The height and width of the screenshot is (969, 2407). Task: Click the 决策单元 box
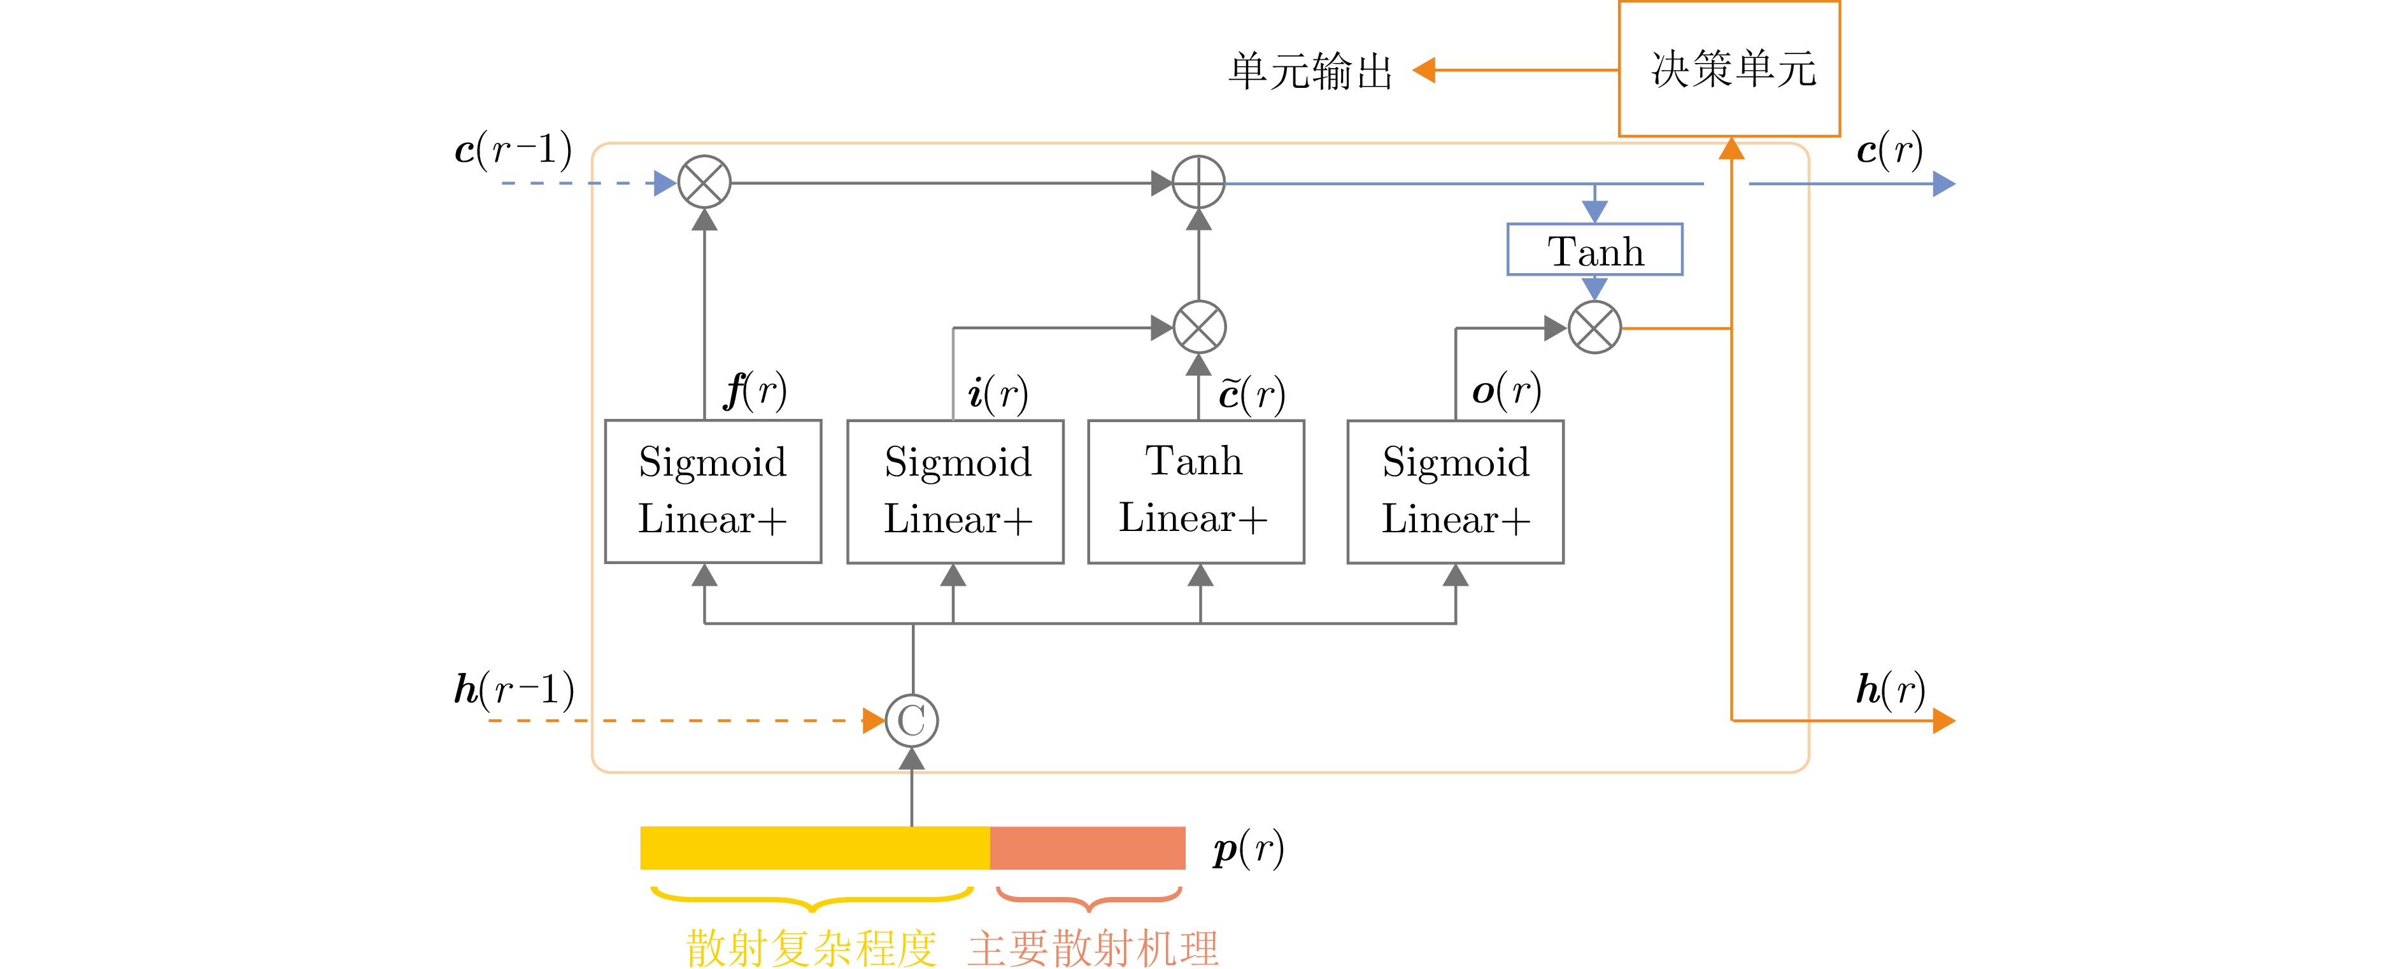[1729, 69]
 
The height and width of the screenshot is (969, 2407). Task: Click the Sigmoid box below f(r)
[713, 492]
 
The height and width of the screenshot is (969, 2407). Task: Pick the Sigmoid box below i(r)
[955, 492]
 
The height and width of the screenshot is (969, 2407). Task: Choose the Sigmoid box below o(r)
[1455, 492]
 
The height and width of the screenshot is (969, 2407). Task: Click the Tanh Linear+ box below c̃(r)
[1196, 492]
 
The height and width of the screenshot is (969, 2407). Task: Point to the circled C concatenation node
[911, 721]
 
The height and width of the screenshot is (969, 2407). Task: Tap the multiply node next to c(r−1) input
[704, 182]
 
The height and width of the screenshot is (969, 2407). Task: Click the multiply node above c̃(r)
[1199, 327]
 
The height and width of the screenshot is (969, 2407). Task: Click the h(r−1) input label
[514, 690]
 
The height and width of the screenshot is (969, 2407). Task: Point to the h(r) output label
[1889, 690]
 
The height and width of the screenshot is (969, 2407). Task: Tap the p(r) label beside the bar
[1248, 849]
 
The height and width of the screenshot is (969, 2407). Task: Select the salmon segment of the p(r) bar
[1088, 847]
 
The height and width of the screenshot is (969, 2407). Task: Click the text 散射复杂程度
[811, 947]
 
